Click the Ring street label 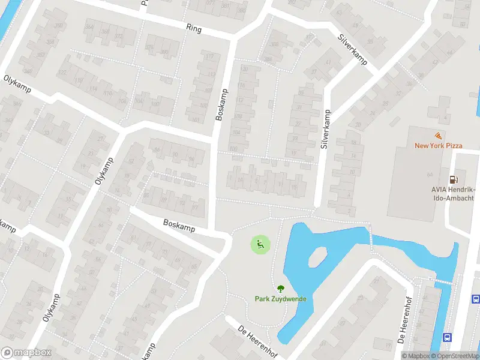pos(193,28)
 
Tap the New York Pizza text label pos(439,145)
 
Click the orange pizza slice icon pos(439,136)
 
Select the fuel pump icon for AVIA pos(454,179)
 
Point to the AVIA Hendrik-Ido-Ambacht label pos(453,194)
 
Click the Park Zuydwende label pos(280,298)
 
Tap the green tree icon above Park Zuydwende pos(280,289)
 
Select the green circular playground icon pos(260,244)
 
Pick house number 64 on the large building pos(430,174)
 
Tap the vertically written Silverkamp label pos(326,129)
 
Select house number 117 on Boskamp pos(209,56)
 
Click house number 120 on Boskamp pos(244,69)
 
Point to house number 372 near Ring pos(119,36)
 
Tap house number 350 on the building pos(59,26)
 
